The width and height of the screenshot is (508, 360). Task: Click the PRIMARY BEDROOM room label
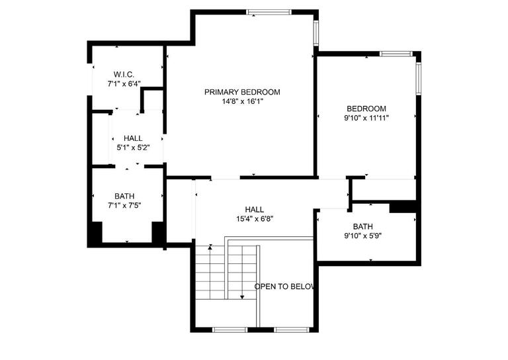tap(242, 92)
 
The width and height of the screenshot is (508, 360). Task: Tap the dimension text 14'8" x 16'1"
tap(242, 101)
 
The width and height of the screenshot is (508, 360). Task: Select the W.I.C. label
tap(124, 74)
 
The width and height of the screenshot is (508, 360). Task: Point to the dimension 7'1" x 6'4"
tap(124, 84)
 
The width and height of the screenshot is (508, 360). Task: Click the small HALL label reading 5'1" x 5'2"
tap(133, 138)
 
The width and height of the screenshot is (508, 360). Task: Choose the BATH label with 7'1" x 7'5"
tap(124, 196)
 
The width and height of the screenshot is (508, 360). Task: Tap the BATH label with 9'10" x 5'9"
tap(362, 226)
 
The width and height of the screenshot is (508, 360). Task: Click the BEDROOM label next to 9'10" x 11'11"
tap(366, 109)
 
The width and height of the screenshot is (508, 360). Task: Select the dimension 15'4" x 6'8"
tap(255, 218)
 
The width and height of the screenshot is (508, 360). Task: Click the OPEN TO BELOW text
tap(284, 287)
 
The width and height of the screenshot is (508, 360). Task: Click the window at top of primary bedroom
tap(269, 11)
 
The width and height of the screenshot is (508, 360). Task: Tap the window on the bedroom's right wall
tap(417, 79)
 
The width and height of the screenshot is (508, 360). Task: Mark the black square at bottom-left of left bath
tap(95, 233)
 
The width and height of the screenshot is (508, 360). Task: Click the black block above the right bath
tap(402, 206)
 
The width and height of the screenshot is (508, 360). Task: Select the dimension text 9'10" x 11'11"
tap(366, 118)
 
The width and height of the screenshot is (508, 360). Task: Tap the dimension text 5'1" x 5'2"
tap(133, 148)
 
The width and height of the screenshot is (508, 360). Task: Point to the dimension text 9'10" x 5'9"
tap(362, 236)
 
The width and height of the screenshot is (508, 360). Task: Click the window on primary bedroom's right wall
tap(316, 32)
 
